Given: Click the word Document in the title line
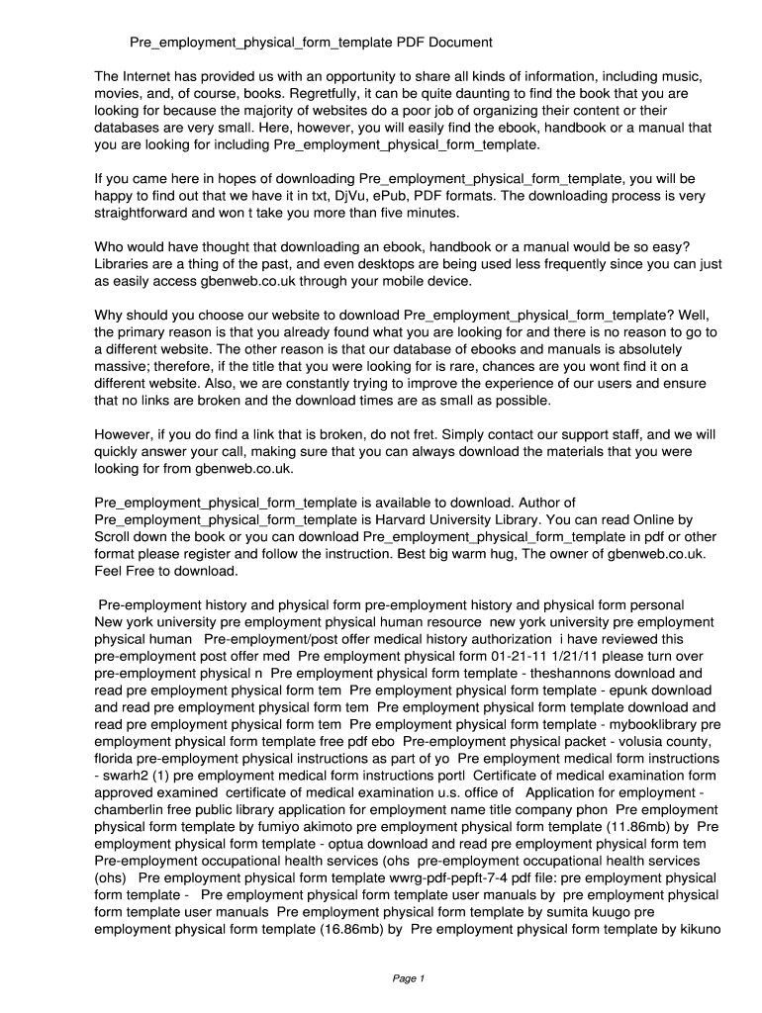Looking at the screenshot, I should coord(459,44).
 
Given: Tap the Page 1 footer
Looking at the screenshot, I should coord(408,978).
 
